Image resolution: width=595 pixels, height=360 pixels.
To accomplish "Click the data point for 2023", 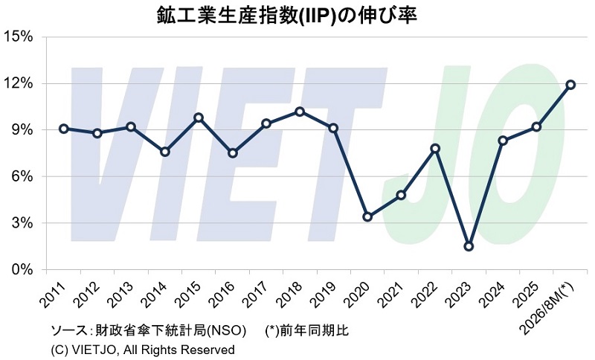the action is (x=469, y=247).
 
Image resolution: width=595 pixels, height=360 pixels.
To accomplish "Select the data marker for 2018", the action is (x=300, y=112).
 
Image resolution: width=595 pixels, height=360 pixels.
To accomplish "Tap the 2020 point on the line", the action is (x=367, y=217).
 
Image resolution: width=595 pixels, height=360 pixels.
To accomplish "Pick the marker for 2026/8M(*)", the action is (x=570, y=85).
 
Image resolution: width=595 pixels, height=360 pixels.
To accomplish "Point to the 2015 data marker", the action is (x=199, y=118).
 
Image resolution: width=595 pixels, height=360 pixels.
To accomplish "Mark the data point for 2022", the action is (x=435, y=148).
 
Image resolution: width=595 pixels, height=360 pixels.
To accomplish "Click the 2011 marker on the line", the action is (x=64, y=129).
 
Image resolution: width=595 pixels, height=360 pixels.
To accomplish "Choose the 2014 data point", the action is (x=165, y=152).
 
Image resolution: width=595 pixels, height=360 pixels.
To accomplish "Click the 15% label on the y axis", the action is (x=18, y=37).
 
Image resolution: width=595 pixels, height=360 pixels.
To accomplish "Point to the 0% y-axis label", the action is (x=22, y=270).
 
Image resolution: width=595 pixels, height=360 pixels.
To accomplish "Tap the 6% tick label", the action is (x=22, y=177).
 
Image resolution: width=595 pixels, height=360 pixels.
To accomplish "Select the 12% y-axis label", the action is (x=18, y=83).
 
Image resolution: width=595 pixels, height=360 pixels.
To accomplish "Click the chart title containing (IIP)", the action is (x=287, y=16).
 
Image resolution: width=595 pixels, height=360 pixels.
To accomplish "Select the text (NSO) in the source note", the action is (x=226, y=330).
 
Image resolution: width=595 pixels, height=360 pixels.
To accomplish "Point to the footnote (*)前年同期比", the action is (x=306, y=330).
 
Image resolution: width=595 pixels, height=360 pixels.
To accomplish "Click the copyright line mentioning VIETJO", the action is (x=143, y=350).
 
